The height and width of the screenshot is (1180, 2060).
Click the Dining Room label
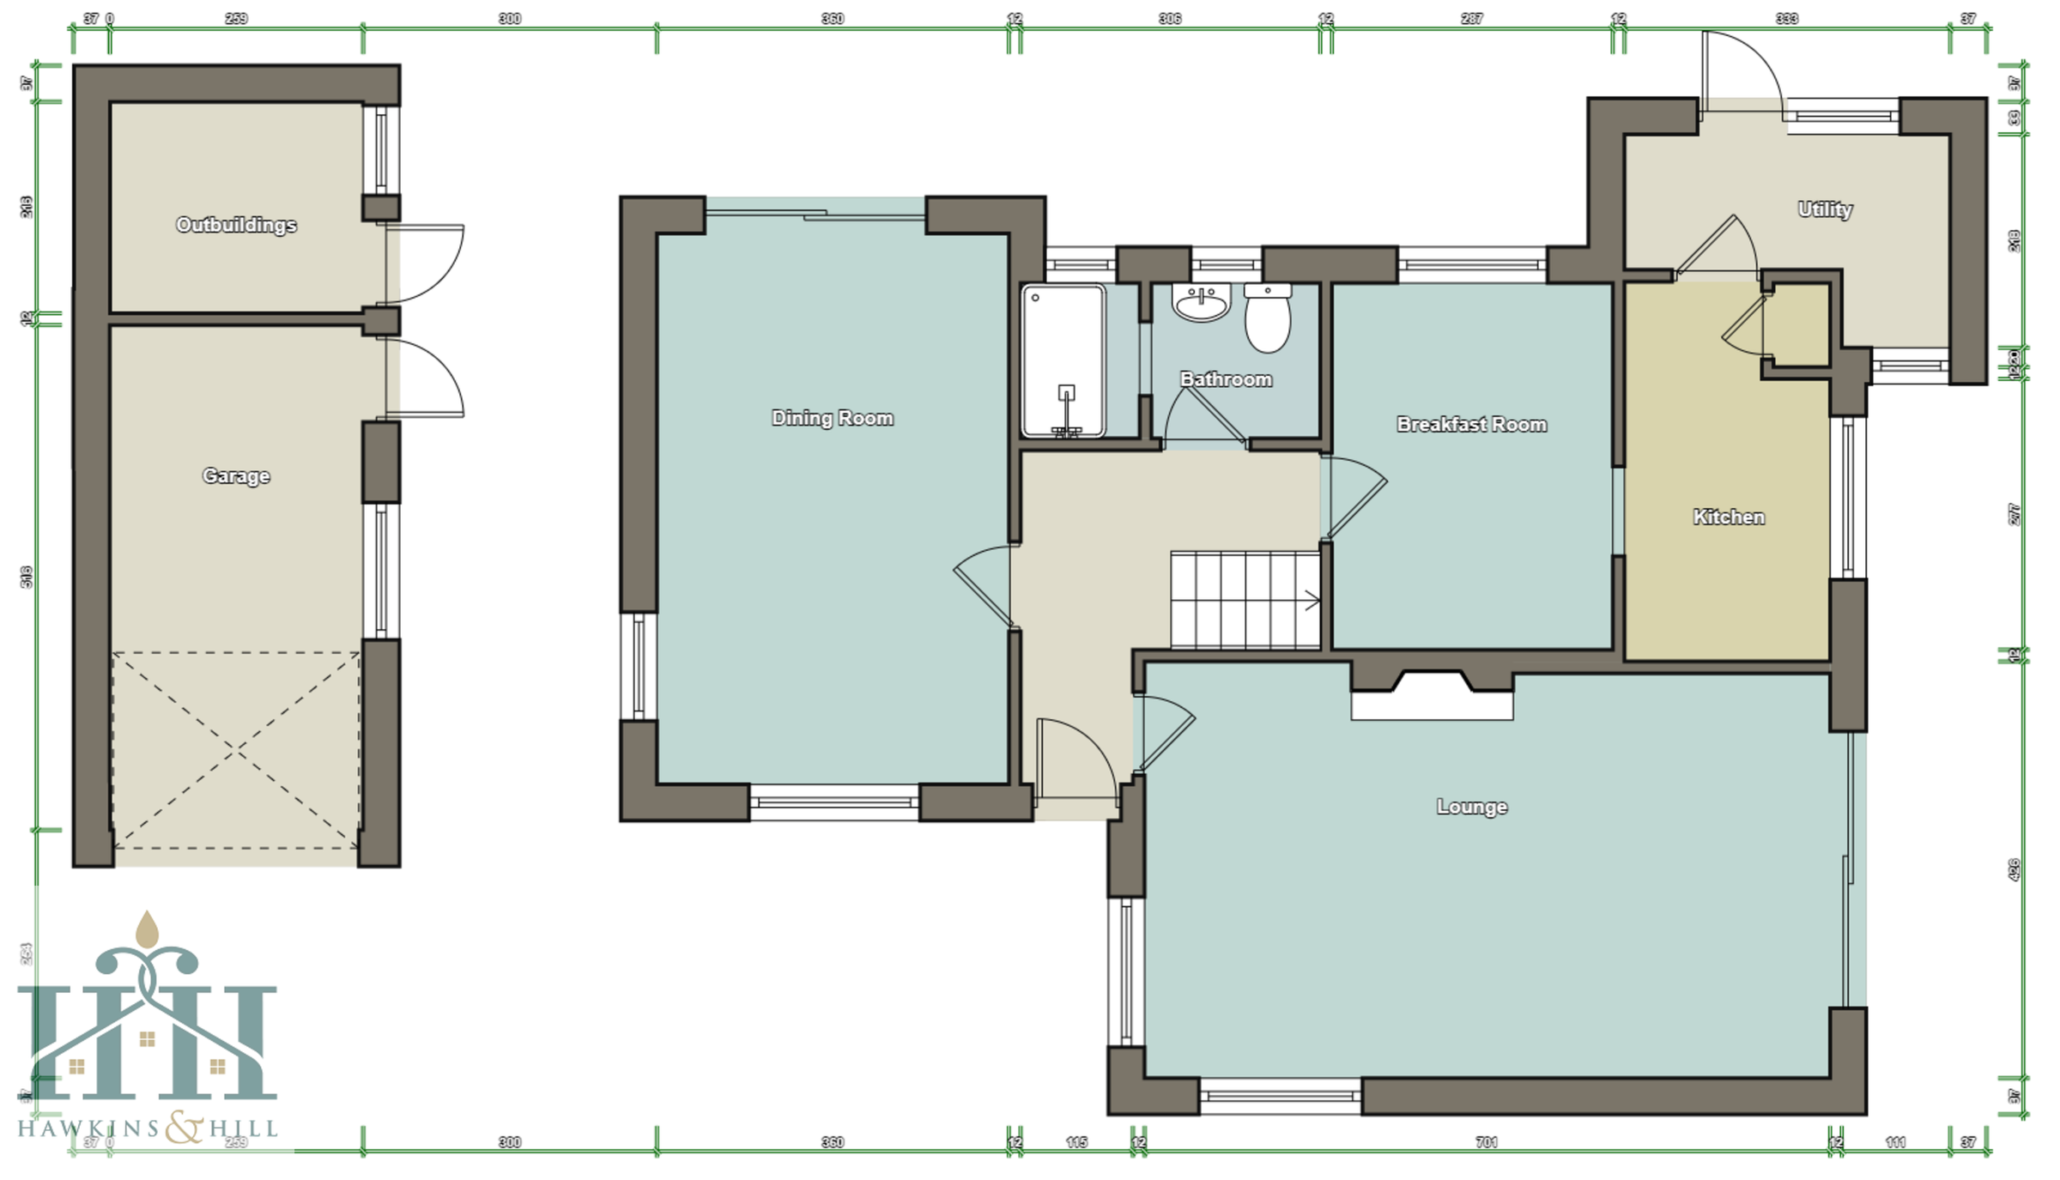(832, 418)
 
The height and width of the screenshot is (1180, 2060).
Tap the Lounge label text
(1471, 807)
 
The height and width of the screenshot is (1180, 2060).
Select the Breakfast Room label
(1471, 424)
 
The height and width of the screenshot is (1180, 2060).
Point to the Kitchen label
(1728, 517)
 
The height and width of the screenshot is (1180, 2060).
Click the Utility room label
(1825, 209)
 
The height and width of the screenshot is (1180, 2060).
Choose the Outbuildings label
(236, 225)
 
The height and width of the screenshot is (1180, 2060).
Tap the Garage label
(236, 475)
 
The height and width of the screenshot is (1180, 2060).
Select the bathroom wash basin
(1201, 303)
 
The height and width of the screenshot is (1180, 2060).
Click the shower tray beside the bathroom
(1063, 360)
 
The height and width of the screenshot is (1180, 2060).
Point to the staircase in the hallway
(1245, 600)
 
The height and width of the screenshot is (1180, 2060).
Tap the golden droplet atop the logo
(148, 930)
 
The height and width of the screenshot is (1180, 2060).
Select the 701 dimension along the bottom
(1486, 1142)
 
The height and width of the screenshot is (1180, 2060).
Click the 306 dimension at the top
(1169, 18)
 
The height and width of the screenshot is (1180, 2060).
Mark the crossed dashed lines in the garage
(236, 751)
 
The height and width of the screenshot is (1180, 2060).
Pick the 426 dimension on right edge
(2015, 868)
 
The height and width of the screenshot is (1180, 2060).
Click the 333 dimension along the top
(1786, 18)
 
